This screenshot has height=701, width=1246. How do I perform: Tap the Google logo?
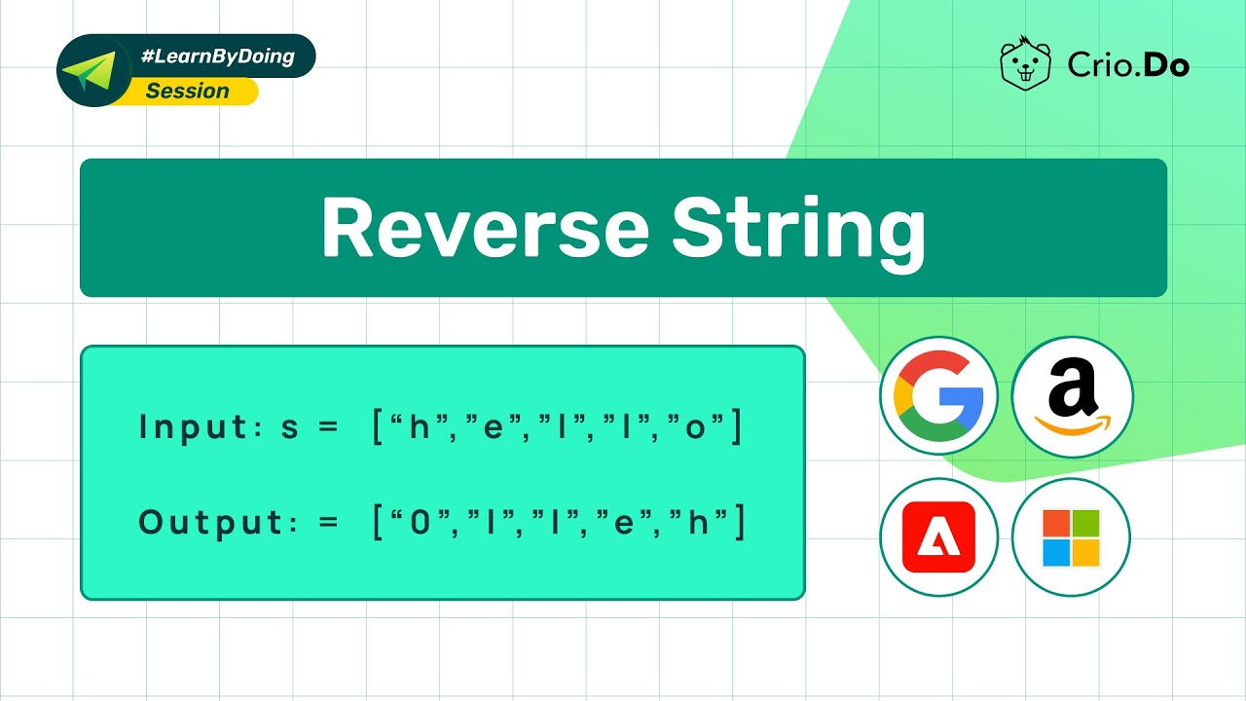tap(938, 396)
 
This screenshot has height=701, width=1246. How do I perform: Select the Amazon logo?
tap(1072, 396)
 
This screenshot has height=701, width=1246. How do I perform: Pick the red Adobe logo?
tap(938, 536)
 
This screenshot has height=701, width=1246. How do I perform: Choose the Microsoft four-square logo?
tap(1071, 537)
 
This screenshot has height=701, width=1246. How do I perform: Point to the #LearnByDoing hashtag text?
tap(217, 56)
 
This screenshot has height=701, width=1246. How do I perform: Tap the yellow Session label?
tap(188, 92)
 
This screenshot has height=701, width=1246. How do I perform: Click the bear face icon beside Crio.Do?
tap(1027, 64)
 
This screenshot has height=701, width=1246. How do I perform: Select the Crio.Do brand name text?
tap(1128, 65)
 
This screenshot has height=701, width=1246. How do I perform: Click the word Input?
tap(195, 427)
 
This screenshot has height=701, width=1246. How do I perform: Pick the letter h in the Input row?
tap(419, 428)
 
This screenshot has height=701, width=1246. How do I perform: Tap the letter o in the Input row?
tap(695, 428)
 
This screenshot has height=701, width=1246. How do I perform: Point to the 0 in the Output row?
tap(420, 524)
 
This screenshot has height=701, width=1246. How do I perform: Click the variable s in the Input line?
tap(290, 428)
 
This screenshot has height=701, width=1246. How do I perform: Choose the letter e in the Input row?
tap(493, 428)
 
